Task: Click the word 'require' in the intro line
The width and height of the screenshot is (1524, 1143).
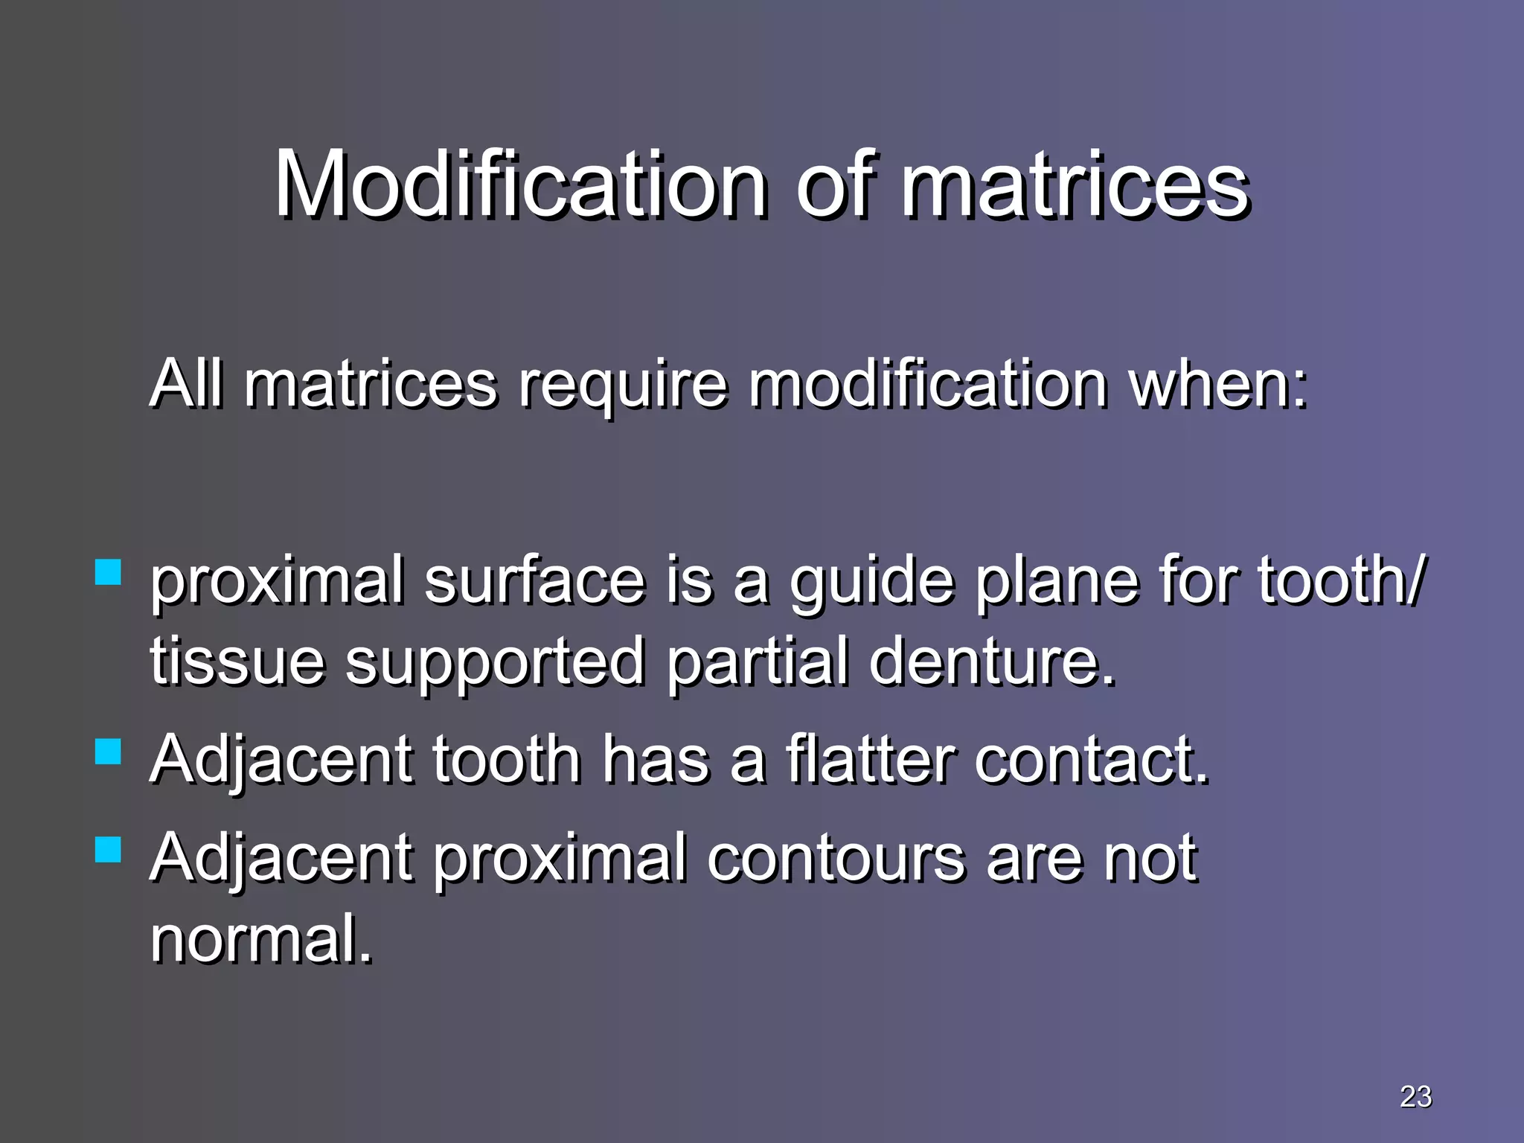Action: [622, 385]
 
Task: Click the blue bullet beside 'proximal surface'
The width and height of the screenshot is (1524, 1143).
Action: [109, 572]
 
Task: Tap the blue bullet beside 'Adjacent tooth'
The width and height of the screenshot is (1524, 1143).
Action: [109, 751]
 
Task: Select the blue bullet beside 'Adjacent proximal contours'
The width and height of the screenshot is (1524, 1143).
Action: [109, 849]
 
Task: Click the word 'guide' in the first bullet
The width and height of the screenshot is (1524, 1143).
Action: [871, 582]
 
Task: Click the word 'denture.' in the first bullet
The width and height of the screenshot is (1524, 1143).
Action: [992, 661]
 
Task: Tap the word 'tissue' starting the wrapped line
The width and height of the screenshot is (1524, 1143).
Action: [237, 661]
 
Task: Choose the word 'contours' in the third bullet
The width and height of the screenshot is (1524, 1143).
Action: [835, 858]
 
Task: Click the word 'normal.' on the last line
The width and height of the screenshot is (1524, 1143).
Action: [260, 939]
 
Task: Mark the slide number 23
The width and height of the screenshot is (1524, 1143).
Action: [1415, 1096]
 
